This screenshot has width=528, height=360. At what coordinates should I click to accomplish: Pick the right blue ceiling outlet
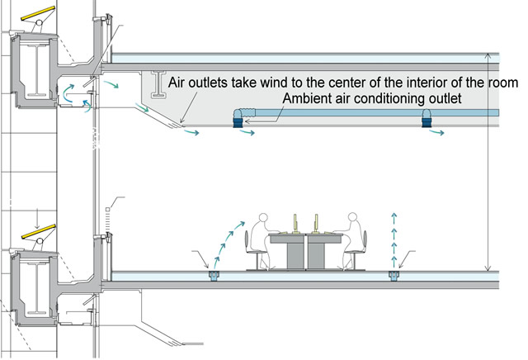click(x=429, y=118)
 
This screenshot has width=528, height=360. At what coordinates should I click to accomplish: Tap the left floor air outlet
click(x=214, y=274)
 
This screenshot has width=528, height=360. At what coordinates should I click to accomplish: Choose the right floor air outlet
click(x=394, y=274)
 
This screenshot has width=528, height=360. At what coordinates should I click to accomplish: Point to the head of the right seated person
click(x=353, y=221)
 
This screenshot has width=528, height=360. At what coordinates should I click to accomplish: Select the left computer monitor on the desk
click(x=295, y=223)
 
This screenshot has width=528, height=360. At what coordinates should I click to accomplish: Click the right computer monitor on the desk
click(x=316, y=223)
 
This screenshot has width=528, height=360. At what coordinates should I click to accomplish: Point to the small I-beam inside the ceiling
click(x=156, y=83)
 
